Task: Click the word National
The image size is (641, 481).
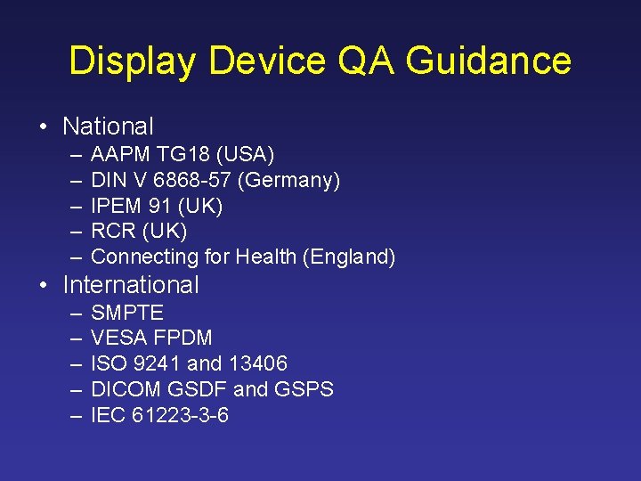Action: [x=108, y=126]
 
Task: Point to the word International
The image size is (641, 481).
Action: [x=131, y=285]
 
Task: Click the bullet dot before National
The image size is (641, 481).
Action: [x=44, y=126]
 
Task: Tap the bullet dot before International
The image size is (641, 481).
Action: [x=44, y=285]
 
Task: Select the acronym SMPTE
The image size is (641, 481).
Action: [x=127, y=313]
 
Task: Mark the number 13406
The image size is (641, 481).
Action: [x=257, y=363]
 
